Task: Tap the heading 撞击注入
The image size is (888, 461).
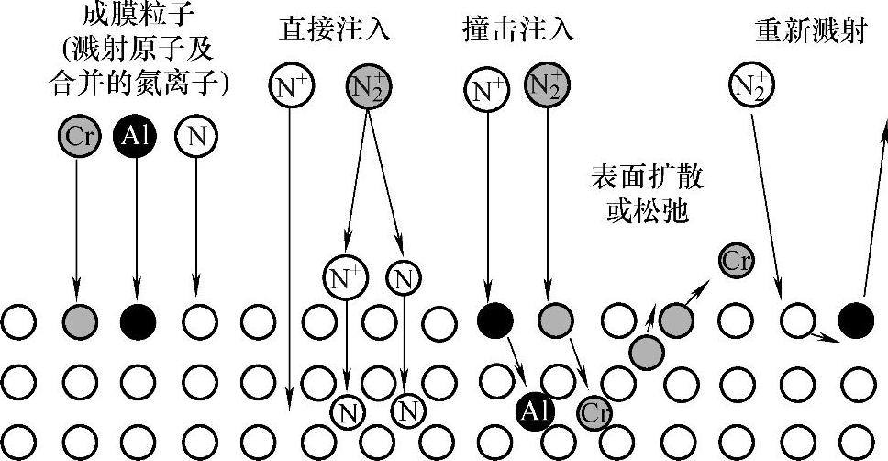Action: click(x=518, y=28)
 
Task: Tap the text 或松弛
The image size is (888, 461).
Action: click(x=649, y=213)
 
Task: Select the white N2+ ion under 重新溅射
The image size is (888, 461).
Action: click(x=752, y=86)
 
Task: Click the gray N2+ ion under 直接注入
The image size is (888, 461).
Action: click(x=367, y=86)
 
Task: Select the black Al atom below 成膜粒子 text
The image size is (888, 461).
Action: click(x=136, y=137)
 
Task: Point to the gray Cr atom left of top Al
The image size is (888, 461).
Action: click(x=76, y=137)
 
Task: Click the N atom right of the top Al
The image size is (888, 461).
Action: click(x=195, y=137)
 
